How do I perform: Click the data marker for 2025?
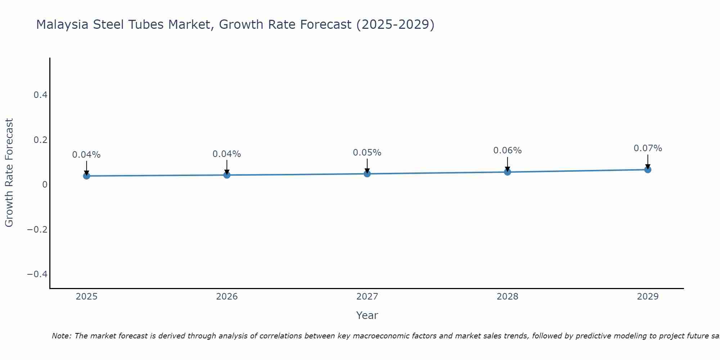click(x=86, y=176)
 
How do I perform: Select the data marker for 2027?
click(x=367, y=174)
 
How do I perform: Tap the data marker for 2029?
click(x=648, y=170)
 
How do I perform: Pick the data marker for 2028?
click(x=507, y=172)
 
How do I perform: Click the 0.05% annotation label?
click(x=367, y=153)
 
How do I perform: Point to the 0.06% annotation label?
click(x=507, y=150)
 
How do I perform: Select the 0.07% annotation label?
click(x=648, y=148)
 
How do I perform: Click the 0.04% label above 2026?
click(x=226, y=154)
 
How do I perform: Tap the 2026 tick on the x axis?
click(x=227, y=297)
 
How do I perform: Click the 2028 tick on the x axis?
click(x=507, y=297)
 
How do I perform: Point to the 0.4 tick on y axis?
click(x=40, y=95)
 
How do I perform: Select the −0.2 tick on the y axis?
click(x=37, y=229)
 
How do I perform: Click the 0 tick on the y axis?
click(x=45, y=185)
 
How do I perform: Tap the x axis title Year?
click(x=367, y=315)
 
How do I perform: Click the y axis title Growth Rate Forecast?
click(x=9, y=173)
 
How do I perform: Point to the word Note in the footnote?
click(x=61, y=336)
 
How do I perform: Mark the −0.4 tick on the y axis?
click(x=37, y=274)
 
